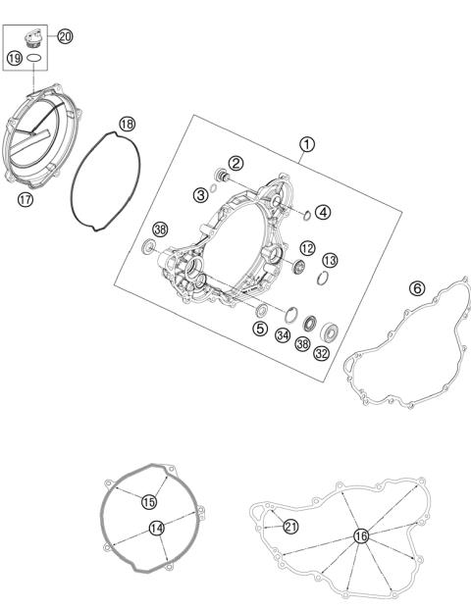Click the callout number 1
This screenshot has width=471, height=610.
coord(307,144)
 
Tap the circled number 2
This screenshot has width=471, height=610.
coord(235,163)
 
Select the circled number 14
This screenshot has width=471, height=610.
coord(156,528)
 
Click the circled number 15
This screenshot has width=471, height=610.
coord(148,501)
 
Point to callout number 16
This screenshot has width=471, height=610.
coord(361,535)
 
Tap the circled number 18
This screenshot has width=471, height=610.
coord(128,124)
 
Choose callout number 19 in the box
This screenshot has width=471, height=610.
coord(15,59)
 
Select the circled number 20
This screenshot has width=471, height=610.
coord(65,36)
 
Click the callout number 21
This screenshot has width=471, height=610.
coord(290,527)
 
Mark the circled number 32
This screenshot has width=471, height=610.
coord(321,353)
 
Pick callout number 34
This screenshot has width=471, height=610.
coord(283,335)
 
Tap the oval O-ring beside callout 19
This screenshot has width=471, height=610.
coord(35,60)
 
